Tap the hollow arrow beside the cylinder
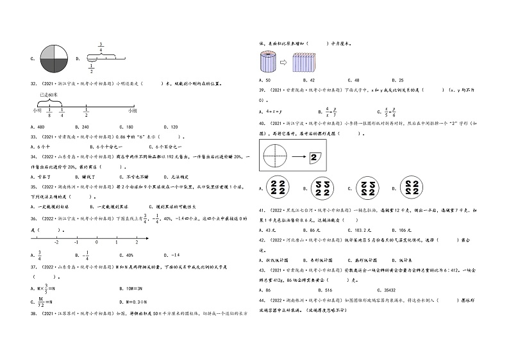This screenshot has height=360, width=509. (x=283, y=63)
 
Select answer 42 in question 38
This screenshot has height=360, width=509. (x=312, y=80)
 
